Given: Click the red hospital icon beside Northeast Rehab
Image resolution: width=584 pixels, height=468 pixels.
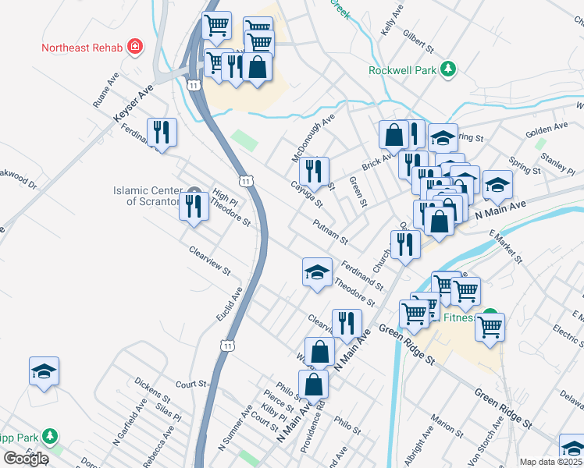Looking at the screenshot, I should (135, 47).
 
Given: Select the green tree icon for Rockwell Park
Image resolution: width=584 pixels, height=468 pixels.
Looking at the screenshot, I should (448, 69).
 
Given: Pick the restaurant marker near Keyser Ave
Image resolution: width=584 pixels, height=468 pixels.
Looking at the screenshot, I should (162, 133).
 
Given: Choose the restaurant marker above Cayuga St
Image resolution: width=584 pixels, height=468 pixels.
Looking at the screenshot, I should (314, 172).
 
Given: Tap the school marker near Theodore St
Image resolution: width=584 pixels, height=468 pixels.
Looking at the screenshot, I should (317, 273).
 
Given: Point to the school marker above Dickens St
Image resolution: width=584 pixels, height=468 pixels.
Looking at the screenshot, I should (45, 372).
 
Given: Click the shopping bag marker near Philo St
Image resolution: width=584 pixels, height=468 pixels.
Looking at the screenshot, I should (313, 385).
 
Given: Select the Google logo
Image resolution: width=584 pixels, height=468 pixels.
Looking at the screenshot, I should (26, 459).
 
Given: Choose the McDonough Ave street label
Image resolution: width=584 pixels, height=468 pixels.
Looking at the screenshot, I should (313, 136).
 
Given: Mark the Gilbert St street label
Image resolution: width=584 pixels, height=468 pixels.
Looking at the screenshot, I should (418, 41).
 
